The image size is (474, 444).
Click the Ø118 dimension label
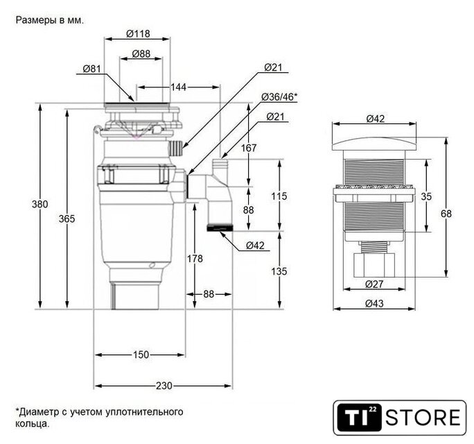pyautogui.click(x=138, y=33)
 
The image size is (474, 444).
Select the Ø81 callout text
pyautogui.click(x=91, y=69)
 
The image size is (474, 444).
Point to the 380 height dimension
pyautogui.click(x=40, y=204)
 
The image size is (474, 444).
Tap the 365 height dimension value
pyautogui.click(x=67, y=219)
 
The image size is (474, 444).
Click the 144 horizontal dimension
pyautogui.click(x=178, y=87)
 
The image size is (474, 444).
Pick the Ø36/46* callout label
pyautogui.click(x=279, y=97)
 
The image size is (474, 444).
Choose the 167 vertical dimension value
pyautogui.click(x=249, y=148)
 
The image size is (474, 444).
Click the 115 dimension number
pyautogui.click(x=279, y=196)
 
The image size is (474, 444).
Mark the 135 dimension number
pyautogui.click(x=279, y=271)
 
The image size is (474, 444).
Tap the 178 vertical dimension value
pyautogui.click(x=195, y=259)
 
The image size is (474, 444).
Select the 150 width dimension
pyautogui.click(x=141, y=355)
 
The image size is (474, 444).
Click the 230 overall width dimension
pyautogui.click(x=164, y=386)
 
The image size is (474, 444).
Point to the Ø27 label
pyautogui.click(x=374, y=284)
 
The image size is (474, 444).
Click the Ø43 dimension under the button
pyautogui.click(x=374, y=303)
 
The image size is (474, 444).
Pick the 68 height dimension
pyautogui.click(x=446, y=214)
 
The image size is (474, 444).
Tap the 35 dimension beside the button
pyautogui.click(x=426, y=196)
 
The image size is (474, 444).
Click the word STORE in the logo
pyautogui.click(x=423, y=418)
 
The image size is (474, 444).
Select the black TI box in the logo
pyautogui.click(x=359, y=418)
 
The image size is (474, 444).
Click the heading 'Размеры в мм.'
pyautogui.click(x=49, y=20)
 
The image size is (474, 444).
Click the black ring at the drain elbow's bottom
pyautogui.click(x=220, y=228)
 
